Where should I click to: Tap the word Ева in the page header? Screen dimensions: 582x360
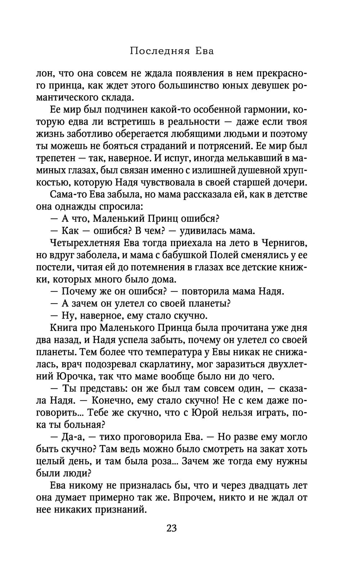pyautogui.click(x=204, y=51)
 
